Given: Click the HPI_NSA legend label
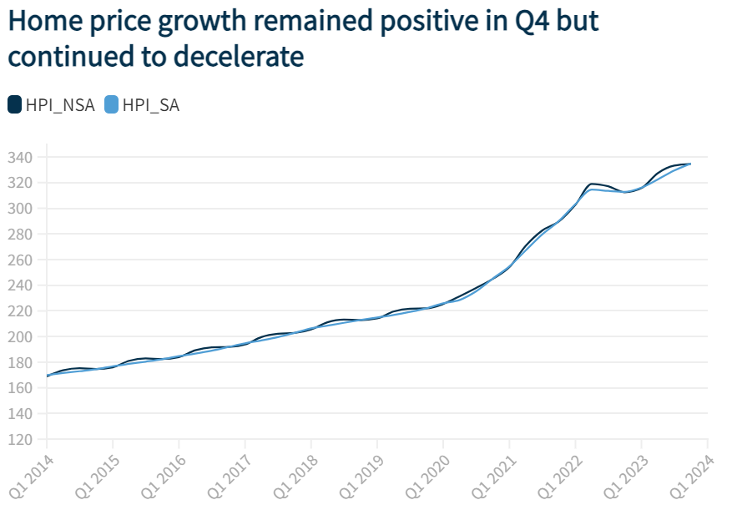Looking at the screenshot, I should coord(59,105).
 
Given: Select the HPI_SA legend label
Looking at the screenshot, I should coord(150,105).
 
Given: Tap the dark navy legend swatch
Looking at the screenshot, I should coord(15,104).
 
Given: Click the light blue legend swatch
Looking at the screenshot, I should coord(112,104).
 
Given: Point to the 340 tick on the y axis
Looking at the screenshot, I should coord(20,157).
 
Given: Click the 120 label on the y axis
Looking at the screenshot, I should coord(20,439).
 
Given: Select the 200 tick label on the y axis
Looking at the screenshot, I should coord(20,336).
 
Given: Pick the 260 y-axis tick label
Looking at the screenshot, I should coord(20,260).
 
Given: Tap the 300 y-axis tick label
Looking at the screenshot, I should coord(20,208).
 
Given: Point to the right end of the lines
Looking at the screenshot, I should coord(690,164).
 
